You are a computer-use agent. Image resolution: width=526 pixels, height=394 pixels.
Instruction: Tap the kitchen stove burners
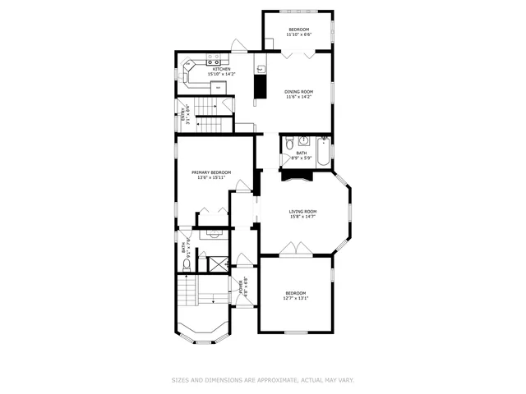(215, 61)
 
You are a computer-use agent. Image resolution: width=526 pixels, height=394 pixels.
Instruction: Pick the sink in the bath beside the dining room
(302, 140)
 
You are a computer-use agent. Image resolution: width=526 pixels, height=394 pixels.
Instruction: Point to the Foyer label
(242, 286)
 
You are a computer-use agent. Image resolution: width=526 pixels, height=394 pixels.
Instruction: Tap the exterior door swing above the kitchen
(235, 46)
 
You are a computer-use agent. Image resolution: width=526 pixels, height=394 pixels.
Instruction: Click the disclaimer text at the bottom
(262, 379)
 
